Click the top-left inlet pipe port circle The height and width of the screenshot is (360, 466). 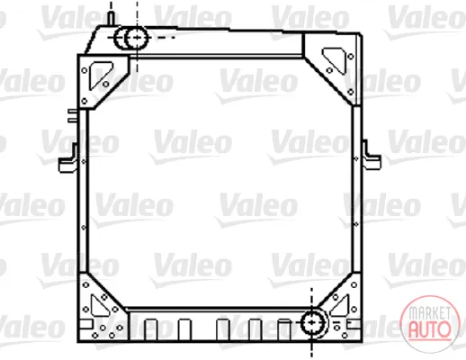point(137,38)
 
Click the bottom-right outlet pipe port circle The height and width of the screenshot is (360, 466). point(312,323)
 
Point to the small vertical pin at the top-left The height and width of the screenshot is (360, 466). point(111,18)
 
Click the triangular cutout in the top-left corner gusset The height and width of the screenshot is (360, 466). point(100,75)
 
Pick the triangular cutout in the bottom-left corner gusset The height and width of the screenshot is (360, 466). point(100,306)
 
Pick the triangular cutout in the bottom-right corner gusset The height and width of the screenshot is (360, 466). point(340,306)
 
